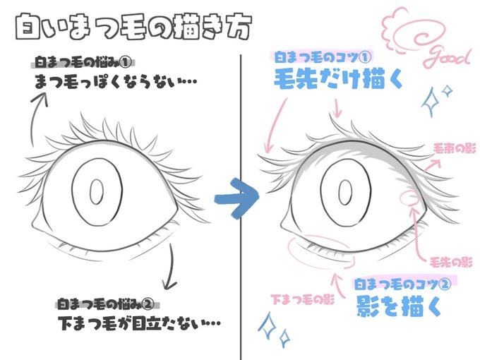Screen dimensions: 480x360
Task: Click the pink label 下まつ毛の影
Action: pos(300,299)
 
